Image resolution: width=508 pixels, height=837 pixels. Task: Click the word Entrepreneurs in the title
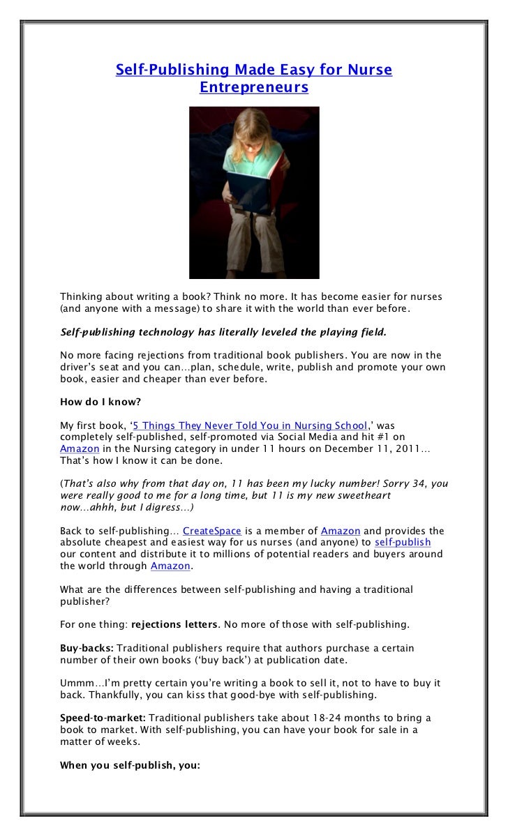(x=254, y=88)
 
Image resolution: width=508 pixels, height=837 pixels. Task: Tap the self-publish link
(x=403, y=542)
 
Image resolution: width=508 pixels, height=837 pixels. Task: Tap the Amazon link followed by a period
(x=170, y=566)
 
